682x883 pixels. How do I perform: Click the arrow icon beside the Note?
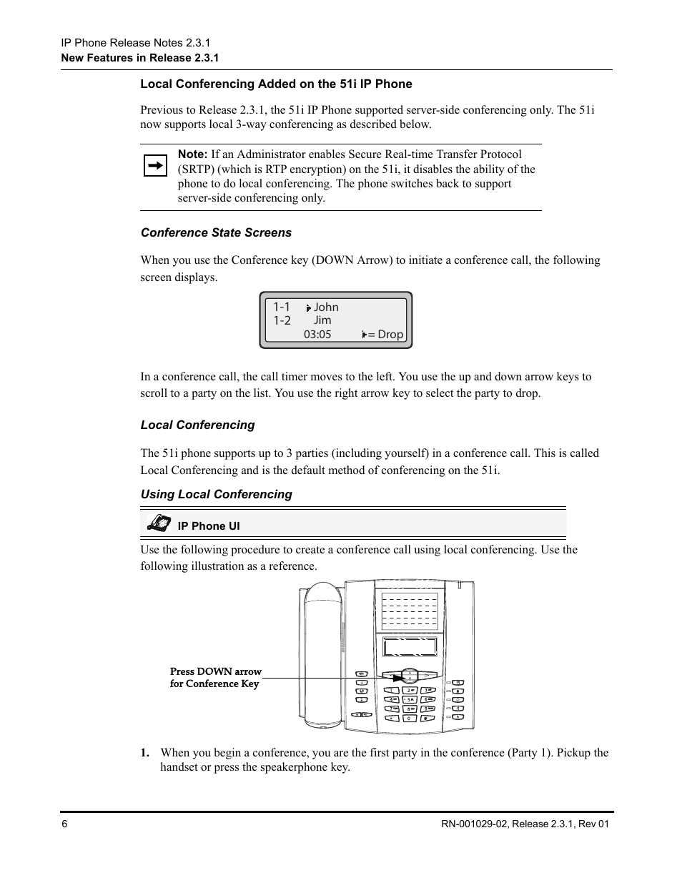click(155, 167)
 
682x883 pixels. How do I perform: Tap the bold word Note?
click(192, 154)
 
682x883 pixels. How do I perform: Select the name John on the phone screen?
click(326, 307)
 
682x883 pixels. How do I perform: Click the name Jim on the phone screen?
click(322, 320)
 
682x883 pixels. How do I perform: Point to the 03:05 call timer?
click(317, 335)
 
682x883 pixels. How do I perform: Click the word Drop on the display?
click(390, 335)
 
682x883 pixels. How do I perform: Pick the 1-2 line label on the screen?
click(282, 320)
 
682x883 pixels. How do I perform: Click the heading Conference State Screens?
click(216, 233)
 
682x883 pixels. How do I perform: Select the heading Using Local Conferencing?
click(216, 495)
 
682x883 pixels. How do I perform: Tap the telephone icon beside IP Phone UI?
click(159, 523)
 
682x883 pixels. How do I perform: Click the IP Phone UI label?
click(209, 526)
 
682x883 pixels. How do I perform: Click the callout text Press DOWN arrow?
click(216, 672)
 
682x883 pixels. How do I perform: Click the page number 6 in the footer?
click(64, 824)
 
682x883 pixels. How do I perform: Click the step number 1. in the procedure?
click(145, 753)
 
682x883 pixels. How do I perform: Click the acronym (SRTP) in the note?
click(196, 169)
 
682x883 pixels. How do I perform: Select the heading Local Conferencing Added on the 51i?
click(276, 84)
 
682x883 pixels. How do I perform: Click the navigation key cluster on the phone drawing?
click(409, 675)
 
